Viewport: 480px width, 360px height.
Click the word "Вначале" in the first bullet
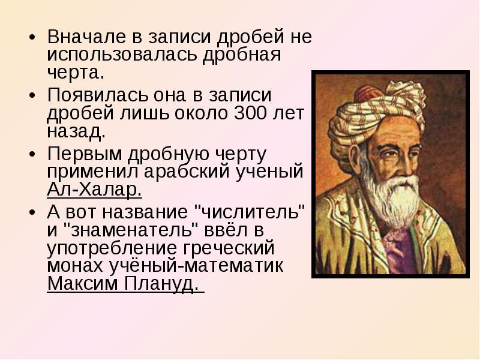pos(86,37)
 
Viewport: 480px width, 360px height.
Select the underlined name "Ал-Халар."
pos(94,190)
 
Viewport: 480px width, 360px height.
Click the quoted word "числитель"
pos(250,212)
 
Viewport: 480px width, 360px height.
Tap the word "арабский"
pos(187,171)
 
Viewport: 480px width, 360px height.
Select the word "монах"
pos(75,265)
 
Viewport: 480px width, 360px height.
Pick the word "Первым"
pos(85,154)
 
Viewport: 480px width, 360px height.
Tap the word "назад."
pos(76,131)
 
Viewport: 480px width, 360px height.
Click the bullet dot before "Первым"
pos(32,154)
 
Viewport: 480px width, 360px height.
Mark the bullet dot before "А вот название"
pos(32,212)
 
